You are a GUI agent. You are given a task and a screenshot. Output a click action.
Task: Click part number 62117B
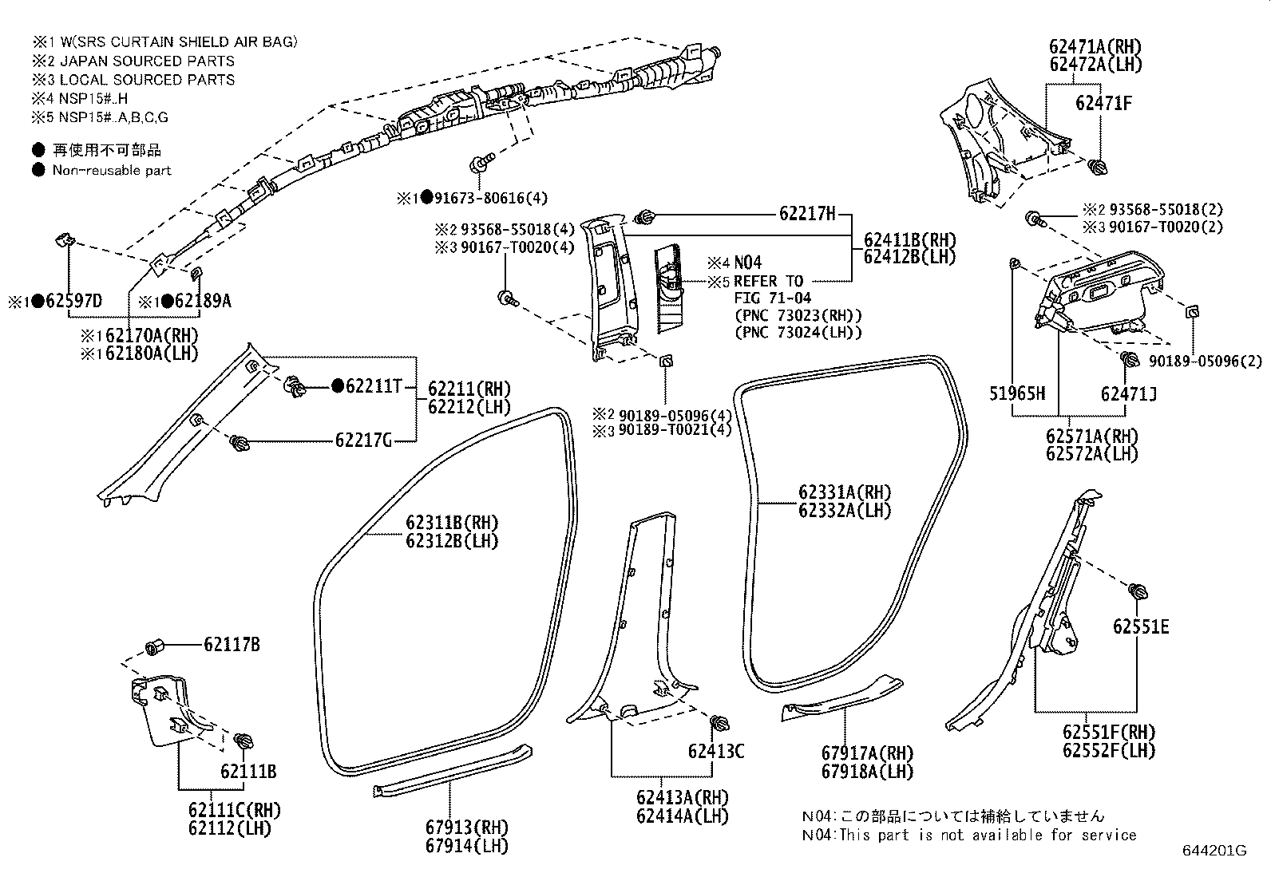232,644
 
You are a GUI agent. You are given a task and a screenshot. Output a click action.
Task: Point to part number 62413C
716,751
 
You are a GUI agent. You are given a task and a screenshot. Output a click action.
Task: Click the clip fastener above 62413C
717,723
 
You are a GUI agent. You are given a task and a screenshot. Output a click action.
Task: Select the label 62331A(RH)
845,492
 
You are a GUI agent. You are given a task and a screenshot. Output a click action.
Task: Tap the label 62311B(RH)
452,523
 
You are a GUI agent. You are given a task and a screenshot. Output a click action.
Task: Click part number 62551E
1141,626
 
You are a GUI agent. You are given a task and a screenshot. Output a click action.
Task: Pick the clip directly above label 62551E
1138,592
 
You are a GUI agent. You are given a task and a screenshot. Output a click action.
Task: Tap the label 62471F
1103,102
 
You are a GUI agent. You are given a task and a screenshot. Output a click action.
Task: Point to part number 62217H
807,213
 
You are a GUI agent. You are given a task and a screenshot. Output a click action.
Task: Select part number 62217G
363,440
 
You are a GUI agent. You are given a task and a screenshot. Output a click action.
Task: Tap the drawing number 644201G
1214,851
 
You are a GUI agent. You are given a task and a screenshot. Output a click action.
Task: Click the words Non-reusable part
112,170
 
